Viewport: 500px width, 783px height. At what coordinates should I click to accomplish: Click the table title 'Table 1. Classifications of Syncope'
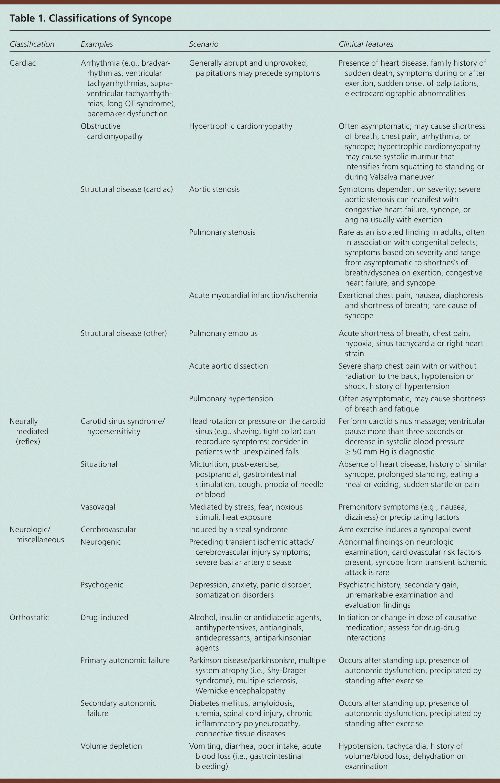pos(90,18)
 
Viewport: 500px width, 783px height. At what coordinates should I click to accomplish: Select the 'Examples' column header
pos(97,44)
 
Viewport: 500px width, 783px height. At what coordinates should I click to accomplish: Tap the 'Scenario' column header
pos(203,44)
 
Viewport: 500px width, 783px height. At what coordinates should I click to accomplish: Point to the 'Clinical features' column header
pos(366,44)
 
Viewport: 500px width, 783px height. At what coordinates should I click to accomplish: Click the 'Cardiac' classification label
pos(23,63)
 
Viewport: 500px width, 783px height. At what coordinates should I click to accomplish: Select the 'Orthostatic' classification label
pos(29,617)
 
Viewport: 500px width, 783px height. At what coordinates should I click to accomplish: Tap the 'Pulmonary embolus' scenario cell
pos(223,333)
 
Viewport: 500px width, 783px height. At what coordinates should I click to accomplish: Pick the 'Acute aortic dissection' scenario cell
pos(228,366)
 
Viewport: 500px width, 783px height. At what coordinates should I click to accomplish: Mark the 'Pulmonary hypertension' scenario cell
pos(231,399)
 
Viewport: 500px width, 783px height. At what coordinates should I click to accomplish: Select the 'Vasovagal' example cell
pos(98,507)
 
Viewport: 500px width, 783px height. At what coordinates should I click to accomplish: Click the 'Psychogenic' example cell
pos(102,585)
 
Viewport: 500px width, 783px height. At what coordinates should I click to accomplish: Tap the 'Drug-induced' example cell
pos(104,617)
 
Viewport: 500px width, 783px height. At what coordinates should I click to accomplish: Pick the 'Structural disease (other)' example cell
pos(124,333)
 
